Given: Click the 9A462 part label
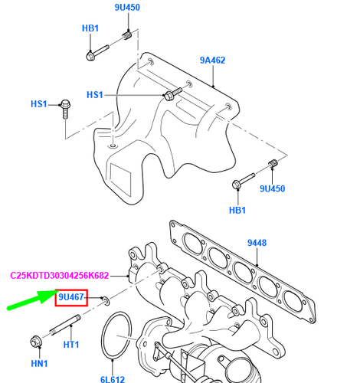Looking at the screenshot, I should [212, 59].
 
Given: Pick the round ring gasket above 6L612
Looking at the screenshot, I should [116, 335].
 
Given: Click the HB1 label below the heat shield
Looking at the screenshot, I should [237, 210].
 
